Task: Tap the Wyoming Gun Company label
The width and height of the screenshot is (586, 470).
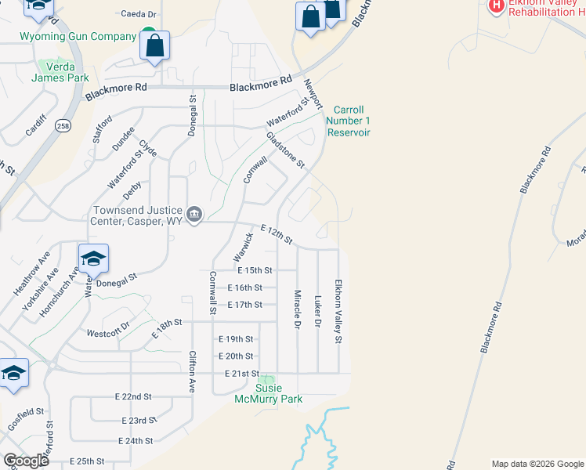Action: point(78,37)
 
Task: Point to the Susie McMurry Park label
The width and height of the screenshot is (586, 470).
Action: point(269,394)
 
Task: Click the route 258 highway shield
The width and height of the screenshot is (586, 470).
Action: point(61,125)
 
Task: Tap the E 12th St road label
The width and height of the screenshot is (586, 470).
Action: point(276,233)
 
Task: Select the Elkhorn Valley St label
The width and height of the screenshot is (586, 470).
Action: point(339,311)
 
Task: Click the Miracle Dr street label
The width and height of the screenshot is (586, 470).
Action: point(298,308)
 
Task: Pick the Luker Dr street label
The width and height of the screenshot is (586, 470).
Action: point(318,311)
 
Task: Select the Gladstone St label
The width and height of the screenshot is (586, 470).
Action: point(285,149)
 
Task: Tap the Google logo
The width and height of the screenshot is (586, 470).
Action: point(26,461)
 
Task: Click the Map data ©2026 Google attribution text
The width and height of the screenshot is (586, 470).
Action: point(537,464)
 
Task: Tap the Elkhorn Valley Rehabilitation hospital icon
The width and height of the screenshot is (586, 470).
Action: point(495,5)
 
